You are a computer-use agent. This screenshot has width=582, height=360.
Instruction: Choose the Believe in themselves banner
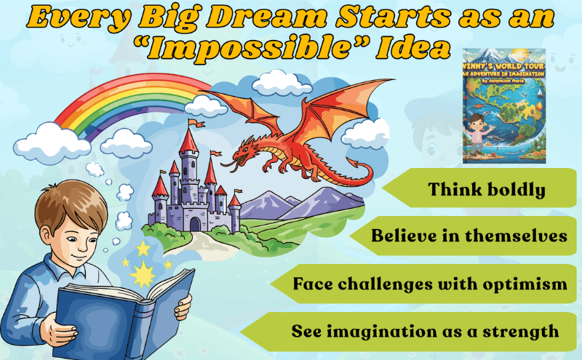click(466, 236)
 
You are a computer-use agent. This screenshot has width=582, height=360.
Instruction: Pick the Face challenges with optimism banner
click(429, 284)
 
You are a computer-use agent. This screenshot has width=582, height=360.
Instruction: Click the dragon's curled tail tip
click(356, 175)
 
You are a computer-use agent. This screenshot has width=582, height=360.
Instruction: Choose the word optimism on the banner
click(531, 284)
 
